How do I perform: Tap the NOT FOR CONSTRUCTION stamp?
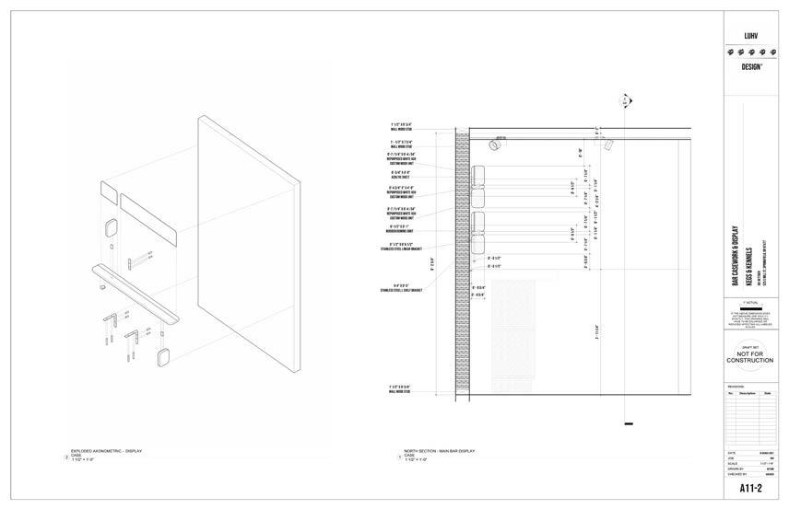(749, 358)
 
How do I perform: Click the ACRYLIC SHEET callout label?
(400, 174)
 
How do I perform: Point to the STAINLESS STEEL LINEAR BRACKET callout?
(400, 246)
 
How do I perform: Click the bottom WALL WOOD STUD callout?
(400, 389)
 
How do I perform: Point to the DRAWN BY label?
(736, 468)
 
